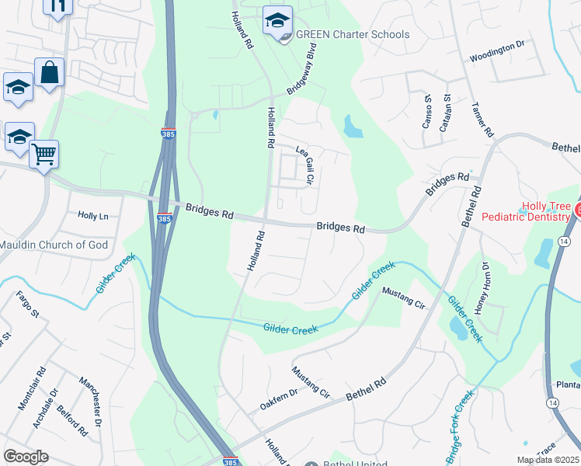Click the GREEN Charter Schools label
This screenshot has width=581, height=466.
353,34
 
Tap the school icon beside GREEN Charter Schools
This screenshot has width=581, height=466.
277,21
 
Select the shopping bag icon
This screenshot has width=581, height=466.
49,72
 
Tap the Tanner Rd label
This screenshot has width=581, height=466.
482,120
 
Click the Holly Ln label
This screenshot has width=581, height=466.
93,216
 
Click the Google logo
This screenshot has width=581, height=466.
26,456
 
